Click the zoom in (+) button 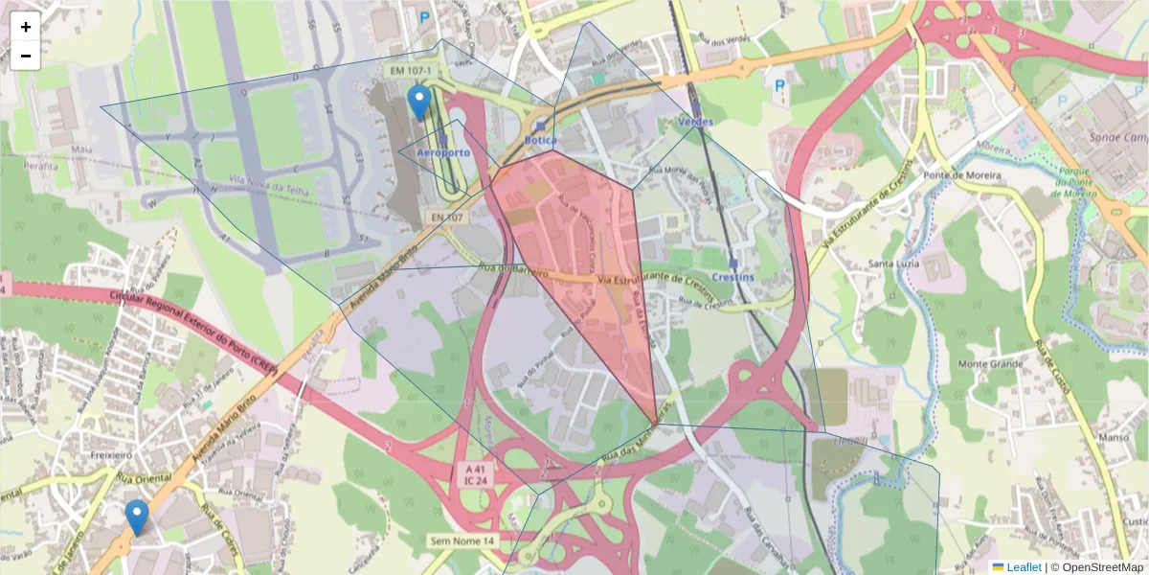point(26,27)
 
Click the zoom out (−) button point(26,56)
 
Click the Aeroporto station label point(443,153)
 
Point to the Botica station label point(541,140)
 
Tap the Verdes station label point(695,123)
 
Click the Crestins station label point(732,277)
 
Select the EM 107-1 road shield point(411,71)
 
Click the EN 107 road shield point(446,218)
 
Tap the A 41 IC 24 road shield point(476,473)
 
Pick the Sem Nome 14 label point(463,541)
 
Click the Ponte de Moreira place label point(962,176)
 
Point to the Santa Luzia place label point(893,264)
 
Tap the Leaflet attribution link point(1023,567)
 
